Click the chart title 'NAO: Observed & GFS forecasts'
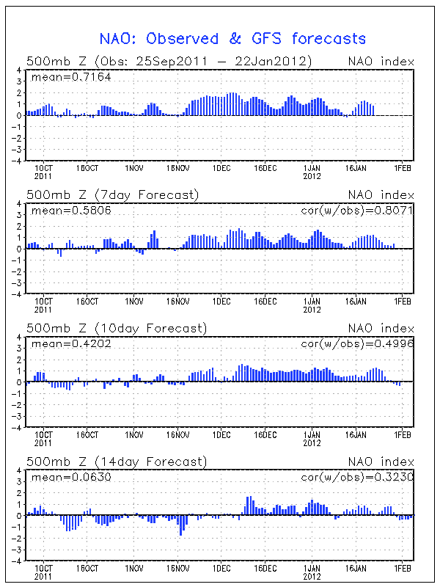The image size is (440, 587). tap(232, 38)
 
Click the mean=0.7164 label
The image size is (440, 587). tap(70, 76)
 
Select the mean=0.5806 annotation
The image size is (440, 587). tap(70, 211)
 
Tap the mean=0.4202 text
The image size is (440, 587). tap(70, 343)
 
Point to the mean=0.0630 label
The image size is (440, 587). tap(70, 477)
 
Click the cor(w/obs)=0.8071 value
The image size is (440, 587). tap(357, 211)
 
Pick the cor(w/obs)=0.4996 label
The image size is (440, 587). tap(357, 343)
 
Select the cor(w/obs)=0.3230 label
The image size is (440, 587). tap(357, 477)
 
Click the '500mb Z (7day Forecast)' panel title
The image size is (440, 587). tap(112, 194)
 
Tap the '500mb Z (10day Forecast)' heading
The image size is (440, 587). tap(116, 327)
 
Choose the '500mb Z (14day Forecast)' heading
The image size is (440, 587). tap(116, 461)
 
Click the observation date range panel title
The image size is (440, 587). tap(169, 61)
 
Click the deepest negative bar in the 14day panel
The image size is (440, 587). tap(181, 525)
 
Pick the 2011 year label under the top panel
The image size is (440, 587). tap(43, 176)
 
